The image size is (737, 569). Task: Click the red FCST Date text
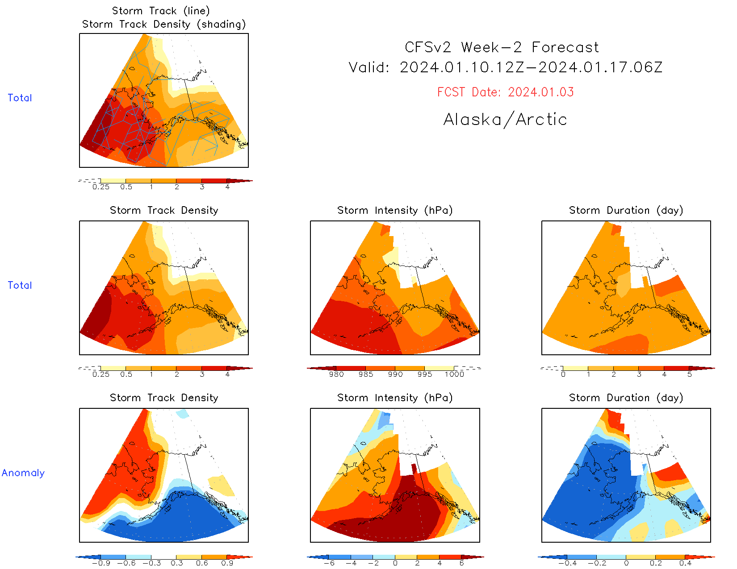pos(505,92)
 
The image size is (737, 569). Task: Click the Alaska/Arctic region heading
pos(505,119)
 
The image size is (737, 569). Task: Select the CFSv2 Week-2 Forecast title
pos(502,47)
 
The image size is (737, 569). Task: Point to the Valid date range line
pos(505,67)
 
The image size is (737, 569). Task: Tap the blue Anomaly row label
pos(23,473)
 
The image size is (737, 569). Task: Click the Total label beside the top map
pos(20,98)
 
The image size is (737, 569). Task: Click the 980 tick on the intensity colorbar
pos(336,374)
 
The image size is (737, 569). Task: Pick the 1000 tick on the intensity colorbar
pos(454,374)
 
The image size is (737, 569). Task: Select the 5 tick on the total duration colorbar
pos(690,374)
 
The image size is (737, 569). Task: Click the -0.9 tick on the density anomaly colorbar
pos(101,563)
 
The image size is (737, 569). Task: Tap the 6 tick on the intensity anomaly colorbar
pos(461,563)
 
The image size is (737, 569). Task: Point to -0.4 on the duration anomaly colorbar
pos(567,563)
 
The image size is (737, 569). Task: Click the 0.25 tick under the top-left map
pos(101,187)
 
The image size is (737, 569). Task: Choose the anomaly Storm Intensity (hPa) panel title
pos(395,398)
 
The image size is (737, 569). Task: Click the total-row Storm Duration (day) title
pos(626,210)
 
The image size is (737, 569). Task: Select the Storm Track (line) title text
pos(161,11)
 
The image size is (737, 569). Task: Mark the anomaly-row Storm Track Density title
pos(164,398)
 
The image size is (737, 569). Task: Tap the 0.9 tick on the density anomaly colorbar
pos(227,563)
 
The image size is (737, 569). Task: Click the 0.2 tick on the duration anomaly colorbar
pos(656,563)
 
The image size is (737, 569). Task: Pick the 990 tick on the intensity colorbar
pos(395,374)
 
